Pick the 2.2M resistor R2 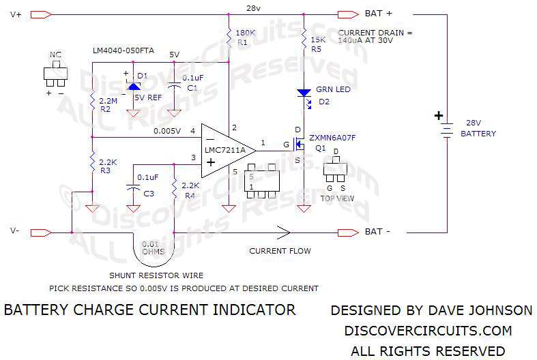point(91,103)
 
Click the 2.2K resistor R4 point(175,186)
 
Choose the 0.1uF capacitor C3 point(134,187)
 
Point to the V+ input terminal point(41,14)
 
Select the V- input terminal point(41,232)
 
